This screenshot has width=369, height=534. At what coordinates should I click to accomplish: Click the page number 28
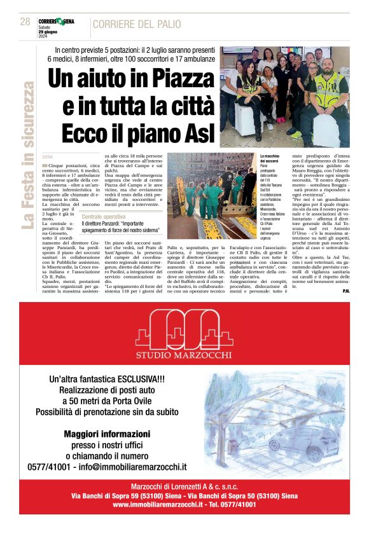(25, 22)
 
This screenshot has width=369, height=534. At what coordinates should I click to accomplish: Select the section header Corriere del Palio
(136, 24)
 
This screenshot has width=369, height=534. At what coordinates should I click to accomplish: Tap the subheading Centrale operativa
(104, 217)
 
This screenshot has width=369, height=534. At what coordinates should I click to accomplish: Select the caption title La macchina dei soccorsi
(270, 158)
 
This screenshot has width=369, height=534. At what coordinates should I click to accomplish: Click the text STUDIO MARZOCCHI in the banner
(184, 355)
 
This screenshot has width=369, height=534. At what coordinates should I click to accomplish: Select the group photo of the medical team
(285, 97)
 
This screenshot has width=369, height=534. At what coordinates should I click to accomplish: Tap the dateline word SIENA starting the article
(48, 156)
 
